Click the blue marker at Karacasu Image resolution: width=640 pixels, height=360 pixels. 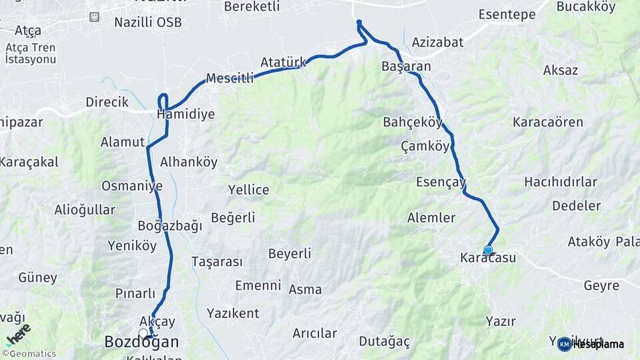tap(488, 250)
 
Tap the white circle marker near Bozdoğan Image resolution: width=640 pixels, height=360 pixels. tap(143, 332)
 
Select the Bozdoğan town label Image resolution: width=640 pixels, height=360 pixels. tap(141, 342)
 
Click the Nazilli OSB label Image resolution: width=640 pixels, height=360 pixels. tap(147, 22)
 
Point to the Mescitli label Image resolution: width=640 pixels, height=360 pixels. tap(230, 78)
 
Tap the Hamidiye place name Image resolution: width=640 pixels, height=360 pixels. tap(186, 114)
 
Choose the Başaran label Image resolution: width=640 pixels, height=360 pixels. tap(406, 66)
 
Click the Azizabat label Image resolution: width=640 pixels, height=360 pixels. tap(437, 42)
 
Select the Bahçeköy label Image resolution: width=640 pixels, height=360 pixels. tap(413, 122)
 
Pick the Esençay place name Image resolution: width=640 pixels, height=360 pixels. tap(441, 181)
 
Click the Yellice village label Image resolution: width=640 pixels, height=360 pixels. tap(249, 189)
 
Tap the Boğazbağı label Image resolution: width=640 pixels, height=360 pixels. tap(169, 225)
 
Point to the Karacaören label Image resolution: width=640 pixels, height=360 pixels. tap(547, 122)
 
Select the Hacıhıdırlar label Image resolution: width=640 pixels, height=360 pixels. tap(560, 181)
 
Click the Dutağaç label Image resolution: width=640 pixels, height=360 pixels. tap(384, 341)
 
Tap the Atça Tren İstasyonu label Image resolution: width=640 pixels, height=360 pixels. tap(30, 53)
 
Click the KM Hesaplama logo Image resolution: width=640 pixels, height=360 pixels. tap(591, 344)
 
